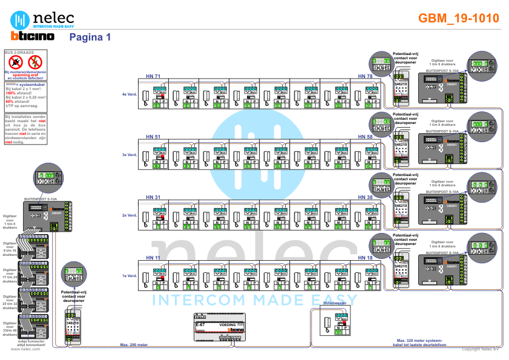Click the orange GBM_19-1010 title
[x=458, y=18]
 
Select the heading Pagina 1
[x=90, y=37]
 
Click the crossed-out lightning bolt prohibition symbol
[x=34, y=61]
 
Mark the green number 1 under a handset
[x=157, y=287]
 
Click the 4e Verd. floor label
[x=130, y=94]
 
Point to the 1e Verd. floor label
[x=130, y=276]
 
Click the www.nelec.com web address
[x=25, y=349]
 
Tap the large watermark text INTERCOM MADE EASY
[x=254, y=299]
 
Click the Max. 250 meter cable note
[x=134, y=345]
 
